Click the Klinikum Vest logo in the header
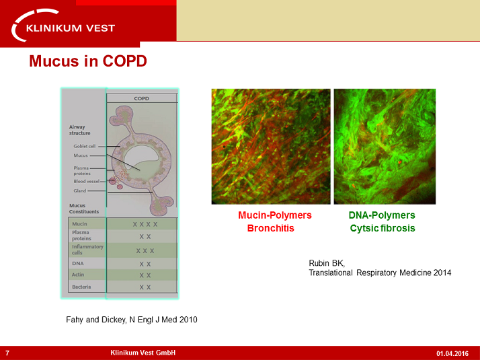tap(64, 27)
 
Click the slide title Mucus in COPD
tap(88, 61)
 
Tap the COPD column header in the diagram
tap(141, 98)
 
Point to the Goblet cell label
tap(85, 146)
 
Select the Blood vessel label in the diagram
tap(87, 181)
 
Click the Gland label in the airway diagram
tap(80, 190)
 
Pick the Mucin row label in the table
tap(80, 223)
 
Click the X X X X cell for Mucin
tap(145, 224)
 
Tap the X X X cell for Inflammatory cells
tap(145, 250)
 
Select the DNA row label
tap(78, 263)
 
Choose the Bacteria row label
tap(82, 287)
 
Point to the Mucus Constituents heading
tap(84, 208)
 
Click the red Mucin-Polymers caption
tap(275, 215)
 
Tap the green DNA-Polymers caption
tap(382, 215)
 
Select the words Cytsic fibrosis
tap(382, 228)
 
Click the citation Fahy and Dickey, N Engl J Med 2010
tap(128, 320)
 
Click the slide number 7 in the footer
tap(7, 353)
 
